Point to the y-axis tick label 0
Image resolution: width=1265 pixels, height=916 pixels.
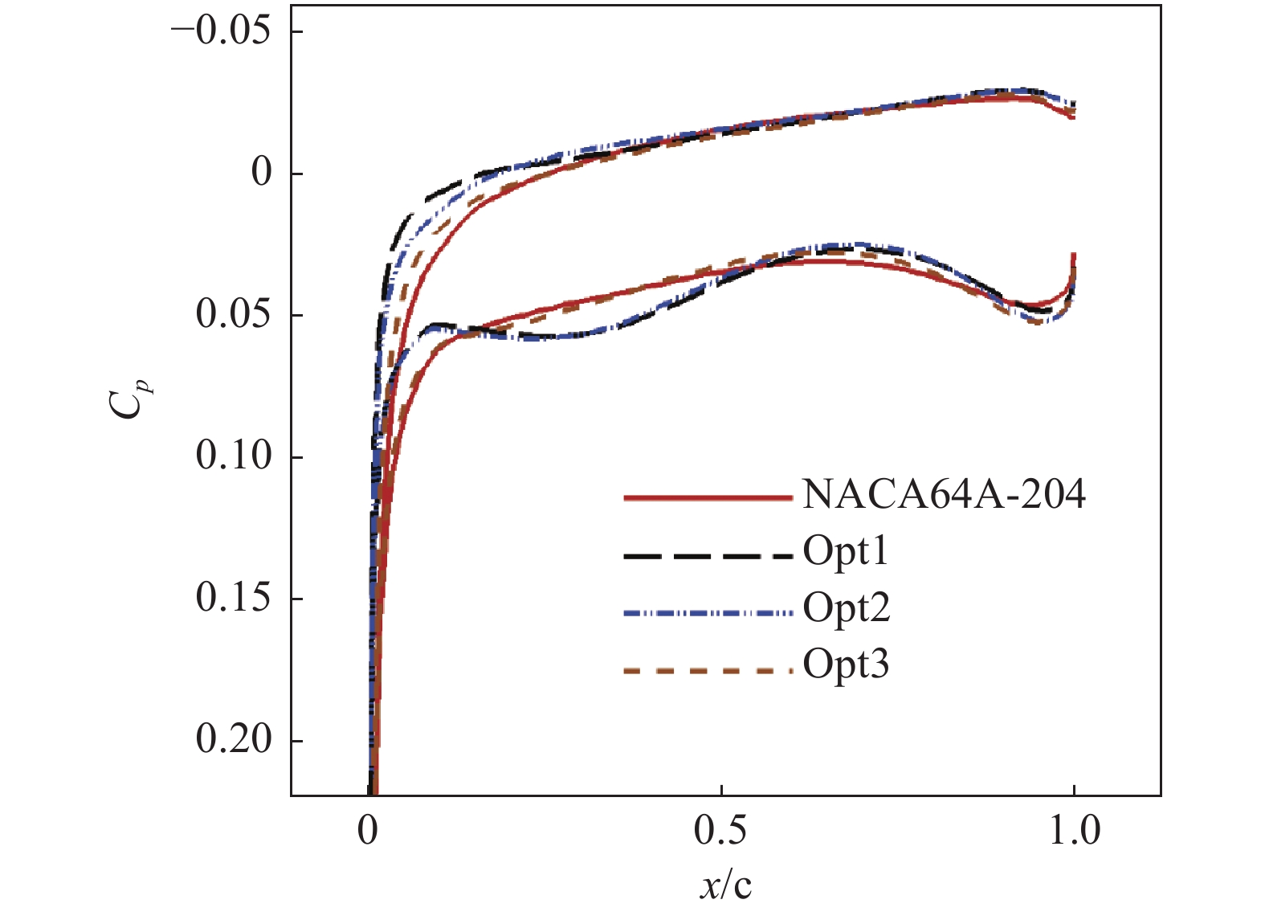[262, 173]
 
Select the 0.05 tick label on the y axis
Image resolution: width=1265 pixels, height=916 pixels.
[233, 314]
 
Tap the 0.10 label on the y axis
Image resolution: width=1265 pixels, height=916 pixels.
[233, 456]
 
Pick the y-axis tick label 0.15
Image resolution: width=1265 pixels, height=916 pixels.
[233, 598]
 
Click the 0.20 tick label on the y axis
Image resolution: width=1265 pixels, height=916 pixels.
[233, 739]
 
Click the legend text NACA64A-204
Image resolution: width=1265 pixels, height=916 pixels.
[944, 495]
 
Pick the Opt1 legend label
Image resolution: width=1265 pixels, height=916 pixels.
[846, 552]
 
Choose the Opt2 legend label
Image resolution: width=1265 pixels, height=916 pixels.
[847, 608]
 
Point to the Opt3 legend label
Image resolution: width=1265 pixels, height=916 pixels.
[846, 665]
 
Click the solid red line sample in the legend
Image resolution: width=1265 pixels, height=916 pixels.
[708, 498]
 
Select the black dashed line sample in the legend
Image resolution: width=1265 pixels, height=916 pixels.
[708, 555]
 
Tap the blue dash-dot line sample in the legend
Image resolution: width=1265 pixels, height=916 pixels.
[708, 613]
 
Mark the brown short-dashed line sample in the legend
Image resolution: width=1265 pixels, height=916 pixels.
[708, 669]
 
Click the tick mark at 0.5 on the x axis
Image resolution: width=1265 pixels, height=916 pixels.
[722, 790]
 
